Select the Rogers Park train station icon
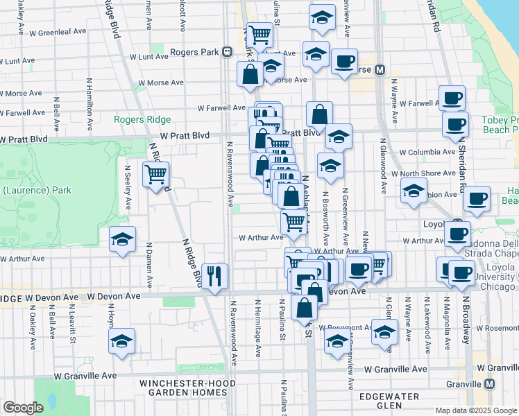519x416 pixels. click(227, 52)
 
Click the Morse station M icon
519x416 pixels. click(380, 70)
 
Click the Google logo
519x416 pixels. click(22, 408)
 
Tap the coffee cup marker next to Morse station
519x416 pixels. click(344, 62)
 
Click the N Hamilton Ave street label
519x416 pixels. click(90, 101)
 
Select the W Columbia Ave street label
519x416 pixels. click(428, 151)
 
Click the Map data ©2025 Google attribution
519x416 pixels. click(475, 410)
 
